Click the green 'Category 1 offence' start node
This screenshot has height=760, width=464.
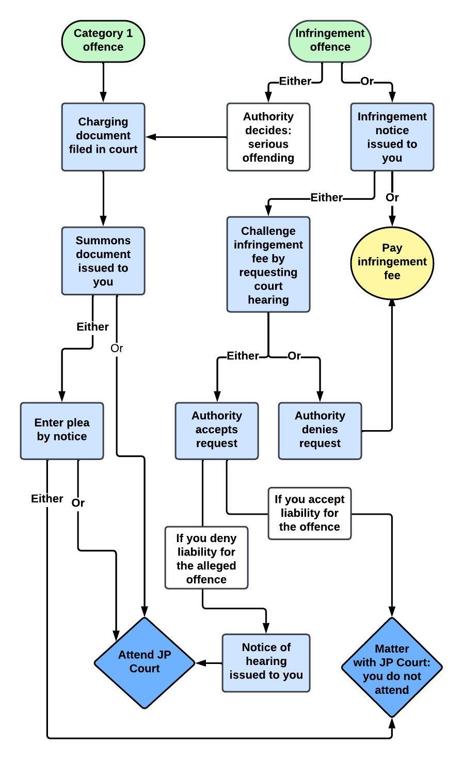point(103,41)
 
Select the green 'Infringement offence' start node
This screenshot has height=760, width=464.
point(330,41)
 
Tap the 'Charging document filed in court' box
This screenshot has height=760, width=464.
point(103,137)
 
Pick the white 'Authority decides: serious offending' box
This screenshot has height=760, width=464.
point(268,137)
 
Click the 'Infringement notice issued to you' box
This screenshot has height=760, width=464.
point(392,137)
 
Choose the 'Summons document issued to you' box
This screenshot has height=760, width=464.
point(103,261)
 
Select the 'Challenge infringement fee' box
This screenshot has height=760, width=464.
point(268,264)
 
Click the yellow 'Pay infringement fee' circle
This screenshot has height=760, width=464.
point(392,263)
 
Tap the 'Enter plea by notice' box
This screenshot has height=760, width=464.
point(62,431)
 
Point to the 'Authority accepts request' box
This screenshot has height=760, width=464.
point(217,431)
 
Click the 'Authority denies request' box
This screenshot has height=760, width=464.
point(320,431)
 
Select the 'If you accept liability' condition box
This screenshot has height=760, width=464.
point(310,513)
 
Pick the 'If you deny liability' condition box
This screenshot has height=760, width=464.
point(206,558)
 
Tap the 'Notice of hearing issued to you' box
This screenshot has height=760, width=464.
point(266,663)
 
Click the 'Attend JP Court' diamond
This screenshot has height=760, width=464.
point(145,663)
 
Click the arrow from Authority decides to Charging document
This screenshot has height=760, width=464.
point(186,137)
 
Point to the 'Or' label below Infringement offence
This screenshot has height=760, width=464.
point(367,82)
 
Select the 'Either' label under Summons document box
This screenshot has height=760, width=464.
point(92,327)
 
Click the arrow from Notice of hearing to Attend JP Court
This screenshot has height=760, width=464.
point(209,663)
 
